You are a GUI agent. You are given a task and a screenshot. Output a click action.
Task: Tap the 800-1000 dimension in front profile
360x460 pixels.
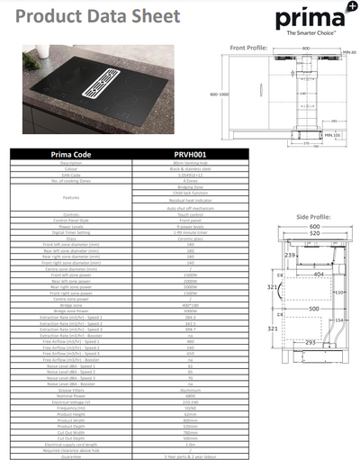(x=218, y=92)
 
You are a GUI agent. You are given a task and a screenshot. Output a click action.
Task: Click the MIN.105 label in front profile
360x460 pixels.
(x=332, y=134)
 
